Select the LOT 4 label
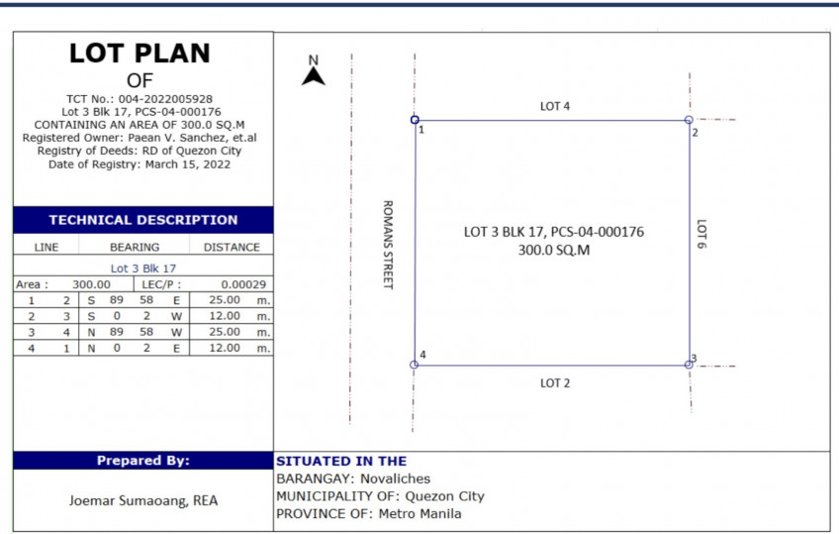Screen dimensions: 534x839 click(555, 105)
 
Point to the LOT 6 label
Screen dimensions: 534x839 click(700, 234)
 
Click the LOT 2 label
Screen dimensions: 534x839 click(554, 382)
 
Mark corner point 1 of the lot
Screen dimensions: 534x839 click(415, 120)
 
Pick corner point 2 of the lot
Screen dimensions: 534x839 click(689, 120)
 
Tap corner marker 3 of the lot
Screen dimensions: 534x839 click(689, 365)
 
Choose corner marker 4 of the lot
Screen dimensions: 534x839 click(415, 365)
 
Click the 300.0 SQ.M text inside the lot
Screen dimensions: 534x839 click(554, 251)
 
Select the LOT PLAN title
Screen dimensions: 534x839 click(140, 54)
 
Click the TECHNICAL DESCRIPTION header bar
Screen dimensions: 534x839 click(143, 220)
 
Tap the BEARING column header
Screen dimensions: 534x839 click(134, 247)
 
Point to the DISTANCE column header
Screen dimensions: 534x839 click(232, 247)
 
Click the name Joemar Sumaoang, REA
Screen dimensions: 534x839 click(143, 500)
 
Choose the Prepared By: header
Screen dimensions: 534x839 click(143, 461)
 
